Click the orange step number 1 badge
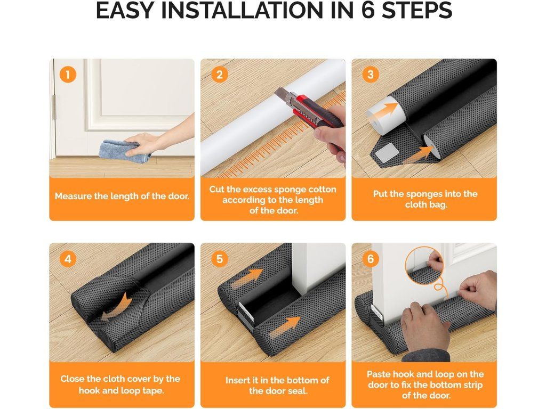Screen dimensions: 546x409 click(68, 75)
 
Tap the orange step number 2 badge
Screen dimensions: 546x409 click(219, 75)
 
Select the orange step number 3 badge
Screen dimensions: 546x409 click(370, 75)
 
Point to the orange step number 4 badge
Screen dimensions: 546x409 click(68, 259)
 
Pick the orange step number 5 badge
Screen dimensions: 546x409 click(219, 259)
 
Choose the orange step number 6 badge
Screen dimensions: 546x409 click(370, 259)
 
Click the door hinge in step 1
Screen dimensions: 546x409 click(54, 107)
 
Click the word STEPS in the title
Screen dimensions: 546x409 click(417, 11)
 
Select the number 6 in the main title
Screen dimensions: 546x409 click(368, 11)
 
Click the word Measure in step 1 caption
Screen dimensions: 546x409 click(71, 196)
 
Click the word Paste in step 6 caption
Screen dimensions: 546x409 click(379, 374)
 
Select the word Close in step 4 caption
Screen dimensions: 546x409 click(73, 379)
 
